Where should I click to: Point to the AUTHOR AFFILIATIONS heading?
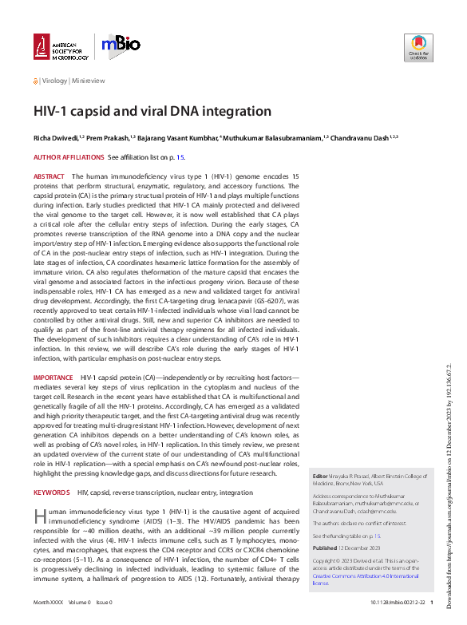point(69,157)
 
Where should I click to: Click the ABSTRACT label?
point(49,176)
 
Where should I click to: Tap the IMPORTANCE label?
point(53,377)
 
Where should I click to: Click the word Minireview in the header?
point(89,81)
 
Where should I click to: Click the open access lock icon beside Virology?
point(36,81)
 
